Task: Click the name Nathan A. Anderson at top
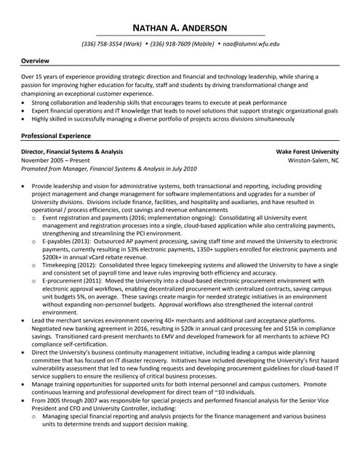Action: click(x=180, y=28)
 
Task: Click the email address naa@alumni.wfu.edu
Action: click(x=252, y=44)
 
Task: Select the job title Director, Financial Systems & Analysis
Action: click(x=72, y=151)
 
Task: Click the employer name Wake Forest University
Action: click(x=307, y=151)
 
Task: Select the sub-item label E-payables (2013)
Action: click(x=70, y=240)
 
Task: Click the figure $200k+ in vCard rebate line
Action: click(x=55, y=257)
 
